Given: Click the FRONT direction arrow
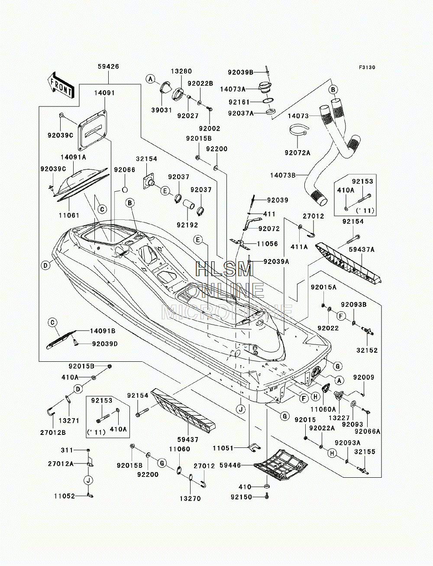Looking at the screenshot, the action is pos(61,85).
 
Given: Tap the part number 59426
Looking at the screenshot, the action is pos(108,67).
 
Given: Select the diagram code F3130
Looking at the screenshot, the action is pos(367,68).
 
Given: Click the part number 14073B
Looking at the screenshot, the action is pos(283,176).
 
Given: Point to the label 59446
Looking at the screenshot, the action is pos(230,466).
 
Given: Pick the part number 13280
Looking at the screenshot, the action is pos(181,71).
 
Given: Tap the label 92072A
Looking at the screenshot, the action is pos(297,153).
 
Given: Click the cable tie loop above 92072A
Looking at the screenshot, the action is pos(298,130).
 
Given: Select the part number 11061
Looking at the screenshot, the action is pos(69,215).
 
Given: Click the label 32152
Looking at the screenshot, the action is pos(367,351).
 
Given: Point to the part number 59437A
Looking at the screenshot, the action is pos(362,250).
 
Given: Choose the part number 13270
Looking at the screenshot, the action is pos(190,498).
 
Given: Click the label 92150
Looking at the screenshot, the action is pos(241,497).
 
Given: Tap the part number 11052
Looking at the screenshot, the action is pos(64,496).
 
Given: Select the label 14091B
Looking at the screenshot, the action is pos(103,331).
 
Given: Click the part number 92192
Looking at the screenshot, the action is pos(187,225).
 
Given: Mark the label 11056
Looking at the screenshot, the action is pos(267,244).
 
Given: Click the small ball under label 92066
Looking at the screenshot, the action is pos(124,190).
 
